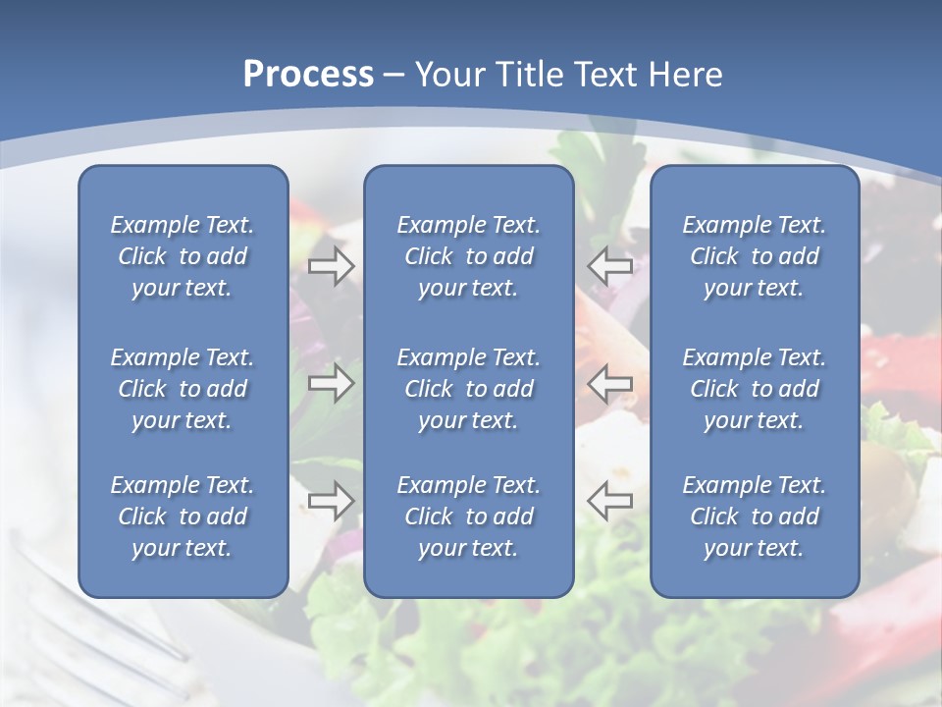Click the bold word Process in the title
[x=308, y=75]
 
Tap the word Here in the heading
[x=686, y=75]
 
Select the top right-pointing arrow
[x=331, y=266]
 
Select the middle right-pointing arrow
[x=331, y=383]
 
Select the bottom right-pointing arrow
[x=331, y=500]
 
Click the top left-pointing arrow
[x=609, y=266]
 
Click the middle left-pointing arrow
[x=609, y=383]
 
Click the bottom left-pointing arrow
[x=609, y=500]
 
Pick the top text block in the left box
[x=183, y=256]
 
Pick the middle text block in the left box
[x=183, y=389]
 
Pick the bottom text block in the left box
[x=183, y=517]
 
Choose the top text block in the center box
[x=468, y=256]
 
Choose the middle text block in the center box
[x=468, y=389]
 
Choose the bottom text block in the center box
[x=468, y=517]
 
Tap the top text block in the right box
[x=754, y=256]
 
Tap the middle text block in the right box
[x=754, y=389]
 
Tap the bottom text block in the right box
[x=754, y=517]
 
